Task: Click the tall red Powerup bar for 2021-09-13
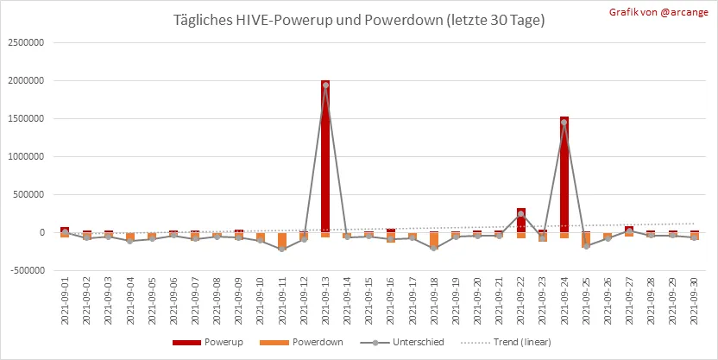pyautogui.click(x=325, y=156)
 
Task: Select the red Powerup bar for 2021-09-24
pyautogui.click(x=564, y=174)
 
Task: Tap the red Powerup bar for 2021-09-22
pyautogui.click(x=520, y=220)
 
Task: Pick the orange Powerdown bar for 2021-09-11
pyautogui.click(x=282, y=241)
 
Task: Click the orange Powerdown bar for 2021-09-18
pyautogui.click(x=434, y=240)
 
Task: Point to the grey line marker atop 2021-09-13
pyautogui.click(x=325, y=85)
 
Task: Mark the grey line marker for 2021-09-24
pyautogui.click(x=564, y=123)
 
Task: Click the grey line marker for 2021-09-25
pyautogui.click(x=586, y=246)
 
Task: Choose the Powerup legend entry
pyautogui.click(x=208, y=342)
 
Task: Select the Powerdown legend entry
pyautogui.click(x=301, y=342)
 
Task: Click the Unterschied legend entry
pyautogui.click(x=402, y=342)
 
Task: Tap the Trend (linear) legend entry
pyautogui.click(x=506, y=342)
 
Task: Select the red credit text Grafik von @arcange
pyautogui.click(x=658, y=12)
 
